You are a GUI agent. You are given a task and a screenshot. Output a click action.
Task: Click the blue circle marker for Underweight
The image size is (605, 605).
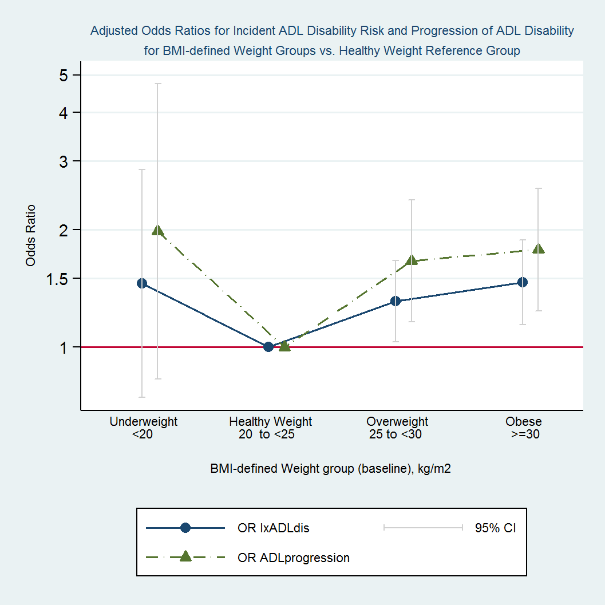pos(142,283)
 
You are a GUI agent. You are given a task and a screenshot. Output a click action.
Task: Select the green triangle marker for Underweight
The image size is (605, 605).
pos(158,231)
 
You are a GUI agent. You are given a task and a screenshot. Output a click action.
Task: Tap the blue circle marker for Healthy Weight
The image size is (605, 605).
pos(268,346)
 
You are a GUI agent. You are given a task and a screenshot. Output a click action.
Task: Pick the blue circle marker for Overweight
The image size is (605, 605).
pos(395,301)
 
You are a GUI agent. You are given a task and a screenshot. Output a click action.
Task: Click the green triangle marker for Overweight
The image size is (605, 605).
pos(411,260)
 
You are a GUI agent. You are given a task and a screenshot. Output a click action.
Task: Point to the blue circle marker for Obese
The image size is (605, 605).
pos(522,282)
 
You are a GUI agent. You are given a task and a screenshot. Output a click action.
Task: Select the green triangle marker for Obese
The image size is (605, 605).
pos(538,248)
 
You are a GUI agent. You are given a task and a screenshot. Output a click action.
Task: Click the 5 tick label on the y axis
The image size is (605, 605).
pos(64,76)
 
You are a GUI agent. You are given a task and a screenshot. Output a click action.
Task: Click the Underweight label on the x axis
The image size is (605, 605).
pos(143,422)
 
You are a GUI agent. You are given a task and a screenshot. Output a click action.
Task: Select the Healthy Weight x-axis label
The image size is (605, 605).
pos(270,422)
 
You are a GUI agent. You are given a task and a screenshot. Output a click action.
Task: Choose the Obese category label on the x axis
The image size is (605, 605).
pos(523,422)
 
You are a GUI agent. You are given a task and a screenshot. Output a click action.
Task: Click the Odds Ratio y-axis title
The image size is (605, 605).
pos(30,236)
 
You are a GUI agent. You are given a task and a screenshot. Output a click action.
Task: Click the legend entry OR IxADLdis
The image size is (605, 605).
pos(273,528)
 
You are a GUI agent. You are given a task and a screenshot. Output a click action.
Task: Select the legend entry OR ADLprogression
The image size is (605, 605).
pos(293,557)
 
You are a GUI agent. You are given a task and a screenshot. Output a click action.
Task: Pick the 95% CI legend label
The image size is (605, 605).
pos(495,528)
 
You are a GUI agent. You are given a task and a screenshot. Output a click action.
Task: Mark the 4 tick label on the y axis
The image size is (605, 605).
pos(64,113)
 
